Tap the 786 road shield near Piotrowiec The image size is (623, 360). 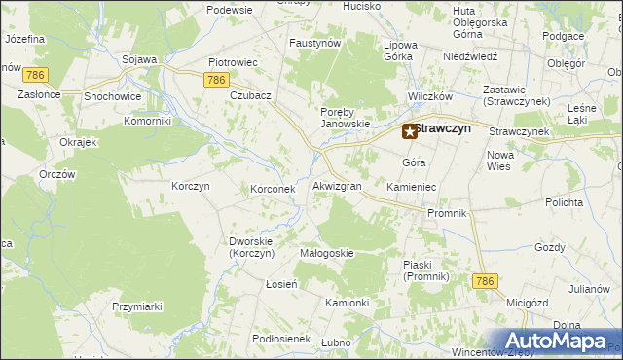pos(218,81)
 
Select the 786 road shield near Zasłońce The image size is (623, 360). pos(37,74)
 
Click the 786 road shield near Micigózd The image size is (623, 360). pos(486,281)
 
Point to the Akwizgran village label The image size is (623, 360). pos(338,185)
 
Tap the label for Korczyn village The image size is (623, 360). pos(191,185)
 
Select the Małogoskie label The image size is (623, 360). pos(327,253)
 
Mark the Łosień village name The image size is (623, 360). pos(281,283)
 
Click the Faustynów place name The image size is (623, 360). pos(314,43)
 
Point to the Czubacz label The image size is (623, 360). pos(250,95)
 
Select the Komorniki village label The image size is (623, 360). pos(148,121)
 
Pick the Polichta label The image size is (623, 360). pos(565,202)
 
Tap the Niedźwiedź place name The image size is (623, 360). pos(470,56)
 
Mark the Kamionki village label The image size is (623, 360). pos(348,303)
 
